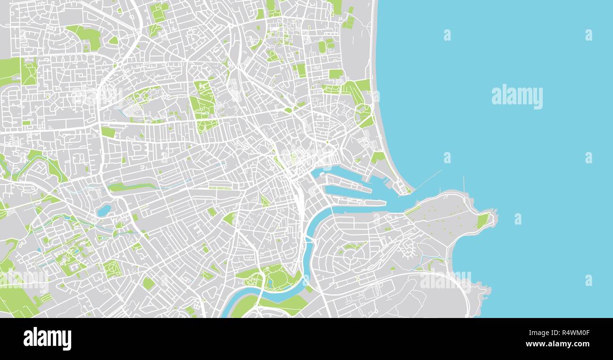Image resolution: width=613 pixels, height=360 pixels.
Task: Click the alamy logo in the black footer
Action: [47, 339]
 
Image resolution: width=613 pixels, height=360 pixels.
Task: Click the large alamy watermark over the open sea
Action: [517, 97]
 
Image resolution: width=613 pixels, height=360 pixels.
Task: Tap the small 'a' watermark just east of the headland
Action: [518, 219]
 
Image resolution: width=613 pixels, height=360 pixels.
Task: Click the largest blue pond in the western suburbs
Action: [104, 210]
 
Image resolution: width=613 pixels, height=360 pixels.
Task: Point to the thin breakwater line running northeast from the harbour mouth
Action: [428, 179]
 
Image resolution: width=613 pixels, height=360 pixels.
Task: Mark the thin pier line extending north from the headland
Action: [464, 184]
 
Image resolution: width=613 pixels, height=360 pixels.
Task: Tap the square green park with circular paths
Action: [112, 268]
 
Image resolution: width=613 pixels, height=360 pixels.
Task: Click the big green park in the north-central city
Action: [203, 106]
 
